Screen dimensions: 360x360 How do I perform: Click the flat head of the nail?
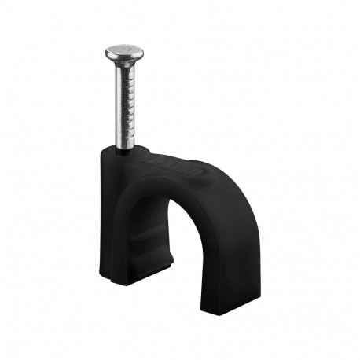point(123,53)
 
